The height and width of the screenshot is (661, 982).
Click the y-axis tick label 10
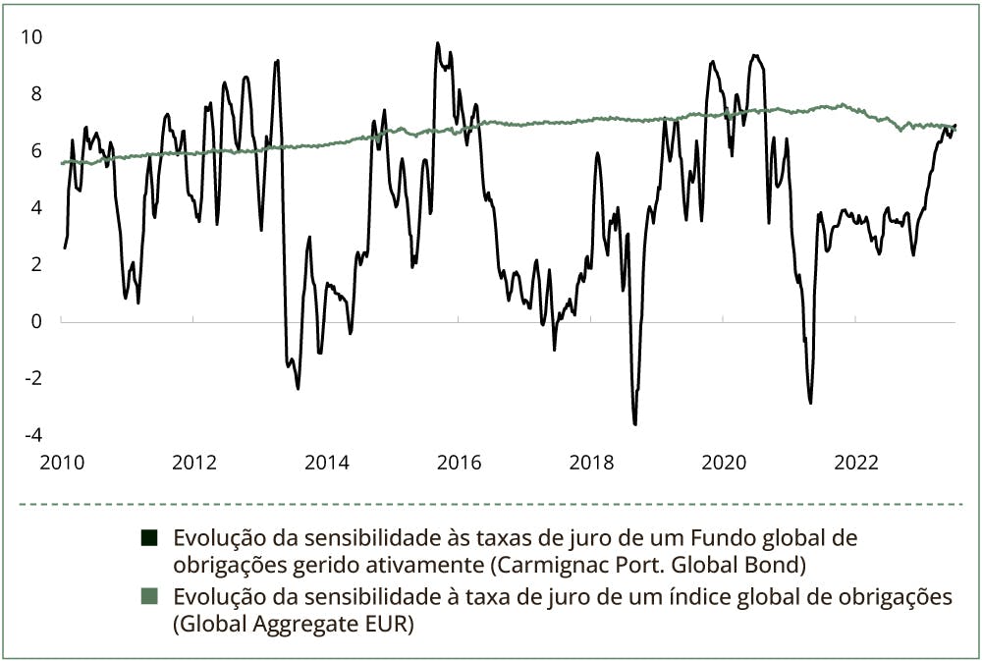pyautogui.click(x=32, y=37)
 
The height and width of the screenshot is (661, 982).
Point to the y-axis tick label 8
pyautogui.click(x=36, y=94)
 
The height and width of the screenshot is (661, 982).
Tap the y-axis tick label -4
pyautogui.click(x=33, y=435)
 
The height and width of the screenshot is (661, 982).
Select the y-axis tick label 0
pyautogui.click(x=36, y=321)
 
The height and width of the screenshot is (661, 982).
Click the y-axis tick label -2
pyautogui.click(x=33, y=378)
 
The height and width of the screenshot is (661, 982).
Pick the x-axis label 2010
pyautogui.click(x=61, y=463)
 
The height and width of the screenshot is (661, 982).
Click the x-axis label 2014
pyautogui.click(x=327, y=463)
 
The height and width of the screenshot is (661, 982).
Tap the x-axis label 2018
pyautogui.click(x=592, y=463)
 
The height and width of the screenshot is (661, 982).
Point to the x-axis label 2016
pyautogui.click(x=460, y=463)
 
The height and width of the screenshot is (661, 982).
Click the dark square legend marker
pyautogui.click(x=150, y=538)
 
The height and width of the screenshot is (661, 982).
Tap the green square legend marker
pyautogui.click(x=150, y=597)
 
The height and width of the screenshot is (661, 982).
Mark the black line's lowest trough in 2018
pyautogui.click(x=635, y=424)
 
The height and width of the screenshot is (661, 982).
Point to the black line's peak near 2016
pyautogui.click(x=437, y=42)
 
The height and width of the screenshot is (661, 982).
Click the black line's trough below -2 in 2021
pyautogui.click(x=810, y=403)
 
